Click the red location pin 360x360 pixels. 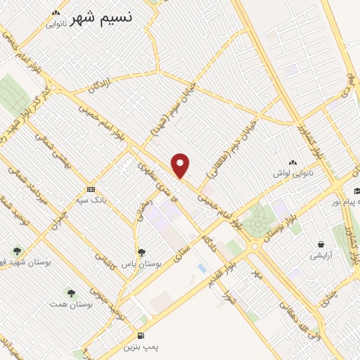[x=181, y=165]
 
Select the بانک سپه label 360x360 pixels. [x=94, y=200]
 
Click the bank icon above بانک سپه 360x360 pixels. [x=91, y=189]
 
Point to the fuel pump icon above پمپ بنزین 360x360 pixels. [x=141, y=335]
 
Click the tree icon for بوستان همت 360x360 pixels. [x=70, y=292]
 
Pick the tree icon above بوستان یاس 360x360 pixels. [x=142, y=252]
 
